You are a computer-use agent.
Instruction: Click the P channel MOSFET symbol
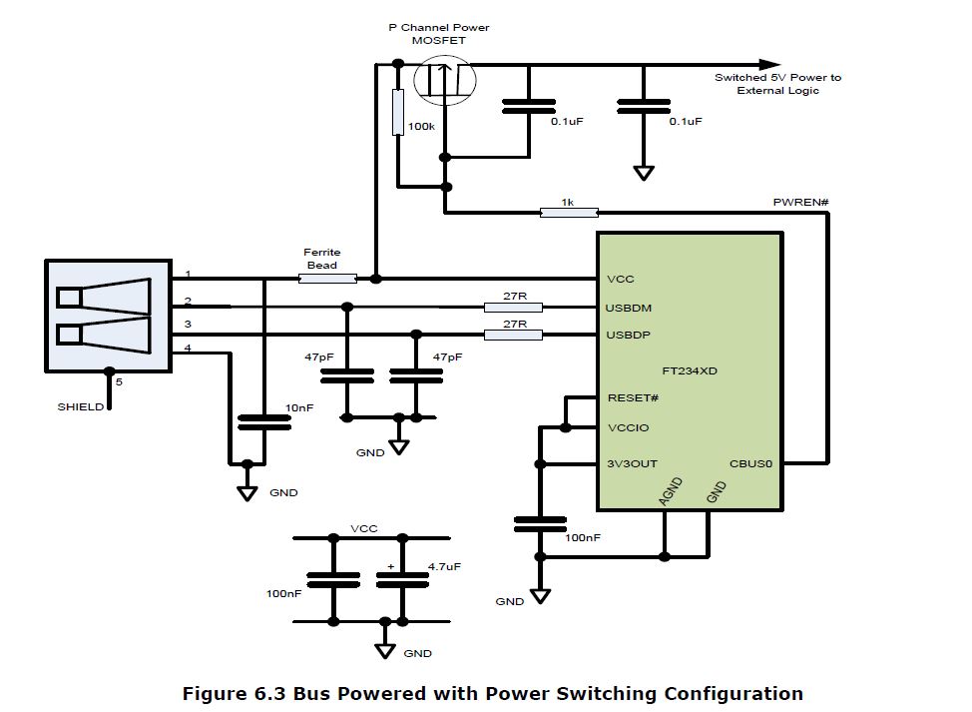click(x=445, y=80)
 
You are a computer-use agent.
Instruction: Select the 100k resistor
click(x=397, y=112)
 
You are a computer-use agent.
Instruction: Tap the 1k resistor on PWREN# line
click(x=568, y=212)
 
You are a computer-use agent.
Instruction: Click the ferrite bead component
click(x=327, y=279)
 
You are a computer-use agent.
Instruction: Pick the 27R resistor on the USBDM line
click(x=512, y=307)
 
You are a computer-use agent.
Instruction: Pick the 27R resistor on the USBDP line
click(x=512, y=335)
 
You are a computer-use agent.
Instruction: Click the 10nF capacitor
click(x=264, y=420)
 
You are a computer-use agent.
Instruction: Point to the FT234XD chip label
click(x=690, y=370)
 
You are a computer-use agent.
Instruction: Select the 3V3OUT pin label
click(x=632, y=463)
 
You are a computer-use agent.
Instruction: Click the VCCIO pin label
click(x=628, y=427)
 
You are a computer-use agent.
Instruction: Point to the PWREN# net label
click(x=801, y=203)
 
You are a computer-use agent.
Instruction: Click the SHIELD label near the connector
click(x=79, y=406)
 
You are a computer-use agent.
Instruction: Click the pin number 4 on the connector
click(x=187, y=347)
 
